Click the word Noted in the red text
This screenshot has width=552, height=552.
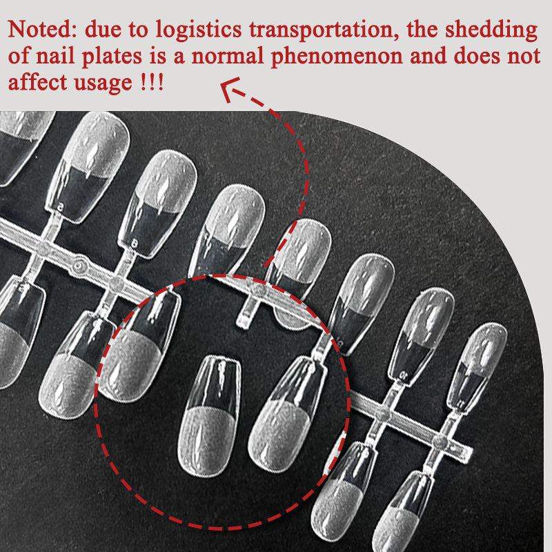[39, 29]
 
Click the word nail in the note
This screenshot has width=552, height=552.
[56, 57]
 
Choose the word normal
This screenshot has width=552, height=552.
[228, 57]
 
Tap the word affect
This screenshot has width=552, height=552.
[37, 83]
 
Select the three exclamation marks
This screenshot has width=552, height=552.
[152, 83]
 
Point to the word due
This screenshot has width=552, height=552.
[103, 30]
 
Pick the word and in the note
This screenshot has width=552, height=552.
[428, 57]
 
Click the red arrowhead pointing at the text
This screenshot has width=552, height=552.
[229, 88]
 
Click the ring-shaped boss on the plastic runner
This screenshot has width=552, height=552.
[79, 266]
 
